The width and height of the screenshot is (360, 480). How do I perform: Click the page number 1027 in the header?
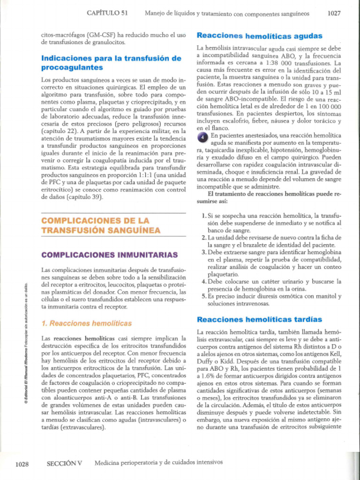[x=334, y=14]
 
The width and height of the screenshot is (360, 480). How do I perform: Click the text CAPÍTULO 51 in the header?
[x=107, y=14]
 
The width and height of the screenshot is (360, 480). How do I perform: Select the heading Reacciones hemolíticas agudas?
[x=259, y=36]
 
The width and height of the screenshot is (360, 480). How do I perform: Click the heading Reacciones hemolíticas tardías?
[x=259, y=319]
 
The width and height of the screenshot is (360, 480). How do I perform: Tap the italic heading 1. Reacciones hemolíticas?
[x=87, y=323]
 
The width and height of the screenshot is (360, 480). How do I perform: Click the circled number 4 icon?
[x=201, y=136]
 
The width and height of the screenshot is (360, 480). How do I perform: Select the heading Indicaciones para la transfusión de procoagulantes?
[x=111, y=63]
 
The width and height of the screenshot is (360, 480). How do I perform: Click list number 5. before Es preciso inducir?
[x=204, y=296]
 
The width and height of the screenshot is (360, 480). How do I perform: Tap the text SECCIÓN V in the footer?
[x=65, y=463]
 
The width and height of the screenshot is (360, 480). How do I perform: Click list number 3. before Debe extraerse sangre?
[x=204, y=253]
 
